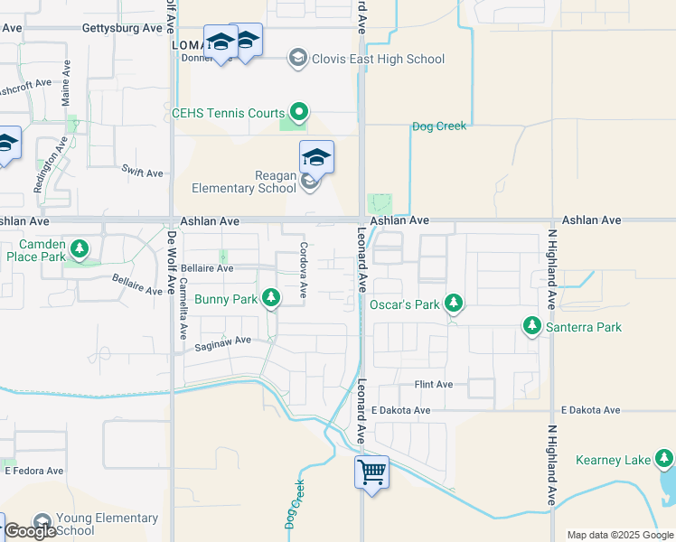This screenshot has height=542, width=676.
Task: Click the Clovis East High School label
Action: point(378,60)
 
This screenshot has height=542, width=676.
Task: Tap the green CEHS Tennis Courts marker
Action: point(299,113)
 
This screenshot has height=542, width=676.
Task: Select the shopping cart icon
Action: point(371,472)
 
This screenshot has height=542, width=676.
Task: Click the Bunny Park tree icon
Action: point(271,297)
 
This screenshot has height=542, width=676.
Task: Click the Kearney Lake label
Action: point(613,461)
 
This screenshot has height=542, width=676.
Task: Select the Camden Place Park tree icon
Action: point(80,248)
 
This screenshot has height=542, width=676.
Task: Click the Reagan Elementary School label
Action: point(244,182)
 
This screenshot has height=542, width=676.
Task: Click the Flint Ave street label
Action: point(433,385)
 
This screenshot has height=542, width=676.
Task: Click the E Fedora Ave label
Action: point(34,471)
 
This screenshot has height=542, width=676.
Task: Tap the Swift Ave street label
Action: point(142,171)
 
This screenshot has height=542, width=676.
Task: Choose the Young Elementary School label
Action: point(99,524)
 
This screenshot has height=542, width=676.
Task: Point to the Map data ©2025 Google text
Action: point(618,535)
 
